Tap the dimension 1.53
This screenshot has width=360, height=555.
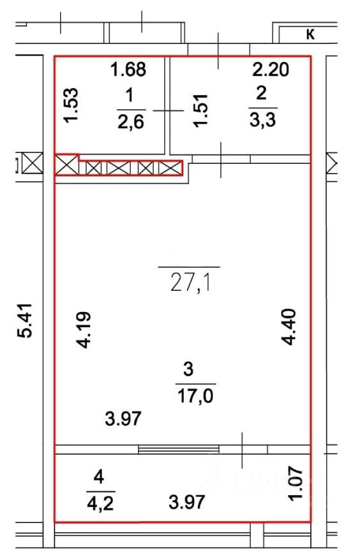click(x=71, y=105)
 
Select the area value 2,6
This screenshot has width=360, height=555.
click(x=131, y=122)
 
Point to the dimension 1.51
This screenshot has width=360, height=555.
click(x=200, y=110)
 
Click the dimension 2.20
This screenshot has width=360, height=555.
click(x=271, y=70)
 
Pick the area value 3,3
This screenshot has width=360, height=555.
click(x=262, y=121)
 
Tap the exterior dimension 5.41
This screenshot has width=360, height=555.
click(x=25, y=320)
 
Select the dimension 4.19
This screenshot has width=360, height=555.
click(x=85, y=330)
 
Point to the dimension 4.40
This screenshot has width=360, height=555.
click(x=289, y=327)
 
